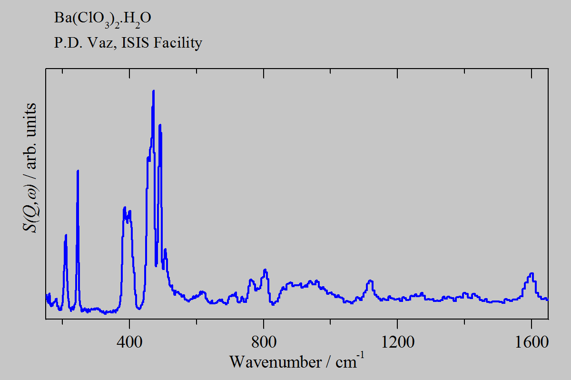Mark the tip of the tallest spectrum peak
coord(153,90)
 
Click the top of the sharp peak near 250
coord(78,170)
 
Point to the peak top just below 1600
coord(531,273)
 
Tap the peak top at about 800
coord(265,270)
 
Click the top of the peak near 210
coord(66,235)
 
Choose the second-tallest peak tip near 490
coord(160,125)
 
